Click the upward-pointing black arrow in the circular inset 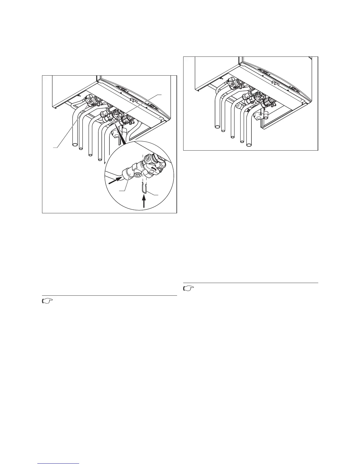click(x=144, y=203)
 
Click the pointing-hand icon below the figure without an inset click(x=188, y=289)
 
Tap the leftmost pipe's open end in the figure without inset click(x=217, y=127)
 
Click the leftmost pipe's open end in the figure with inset click(x=74, y=145)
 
